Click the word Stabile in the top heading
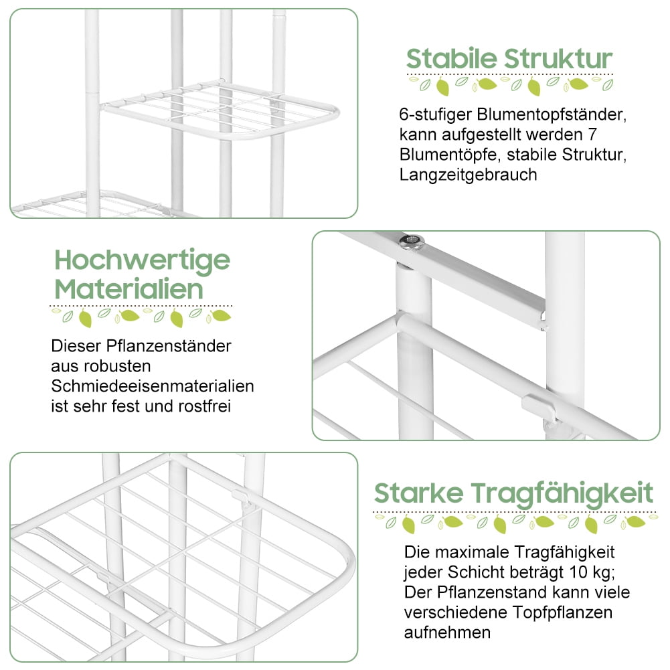451,58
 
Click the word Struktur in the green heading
558,58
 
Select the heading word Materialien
129,289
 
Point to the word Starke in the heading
419,493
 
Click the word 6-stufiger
436,115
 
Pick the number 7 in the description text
592,135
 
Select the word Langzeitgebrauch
468,175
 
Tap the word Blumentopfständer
552,114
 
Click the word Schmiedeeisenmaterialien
153,386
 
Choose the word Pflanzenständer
169,346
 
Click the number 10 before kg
578,572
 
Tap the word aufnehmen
447,633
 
